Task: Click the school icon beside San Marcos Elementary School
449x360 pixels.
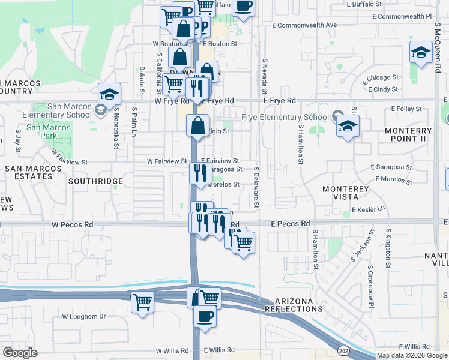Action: tap(109, 95)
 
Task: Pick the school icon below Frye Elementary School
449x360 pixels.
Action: tap(346, 127)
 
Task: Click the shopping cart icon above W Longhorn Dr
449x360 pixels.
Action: tap(142, 302)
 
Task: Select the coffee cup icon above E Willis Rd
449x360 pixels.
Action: tap(205, 318)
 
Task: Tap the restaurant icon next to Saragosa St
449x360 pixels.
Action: tap(199, 173)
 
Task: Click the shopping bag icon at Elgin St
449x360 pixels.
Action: tap(197, 126)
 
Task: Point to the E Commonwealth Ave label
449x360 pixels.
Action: tap(304, 25)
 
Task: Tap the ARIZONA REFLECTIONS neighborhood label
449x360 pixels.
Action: tap(298, 305)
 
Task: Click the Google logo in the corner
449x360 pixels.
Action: tap(20, 353)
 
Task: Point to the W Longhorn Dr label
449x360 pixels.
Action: tap(83, 316)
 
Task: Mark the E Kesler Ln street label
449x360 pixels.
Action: tap(370, 209)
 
